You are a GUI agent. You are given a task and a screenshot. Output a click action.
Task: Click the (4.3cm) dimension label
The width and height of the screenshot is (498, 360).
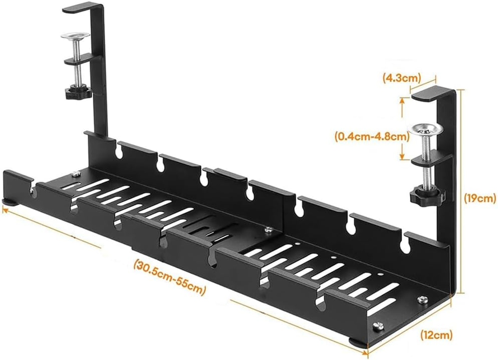click(x=399, y=77)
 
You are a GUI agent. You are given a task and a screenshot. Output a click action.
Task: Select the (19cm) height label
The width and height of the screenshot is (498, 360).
click(x=480, y=198)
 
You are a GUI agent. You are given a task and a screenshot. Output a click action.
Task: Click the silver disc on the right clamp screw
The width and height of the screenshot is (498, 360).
click(x=425, y=129)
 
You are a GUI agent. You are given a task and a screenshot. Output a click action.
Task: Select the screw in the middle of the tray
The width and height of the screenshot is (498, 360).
click(x=269, y=230)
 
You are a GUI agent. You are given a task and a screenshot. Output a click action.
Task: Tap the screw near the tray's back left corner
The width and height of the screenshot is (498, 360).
click(x=76, y=173)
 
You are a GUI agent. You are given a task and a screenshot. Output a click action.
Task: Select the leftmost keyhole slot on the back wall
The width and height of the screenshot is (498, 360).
click(x=119, y=153)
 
